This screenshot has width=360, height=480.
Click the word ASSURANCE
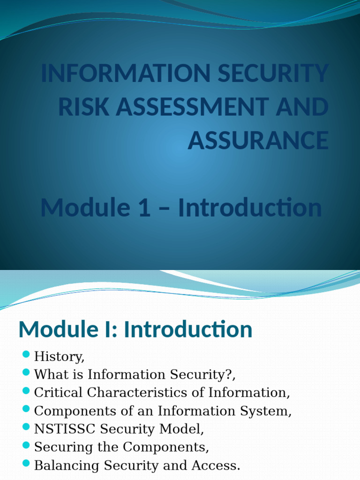(258, 140)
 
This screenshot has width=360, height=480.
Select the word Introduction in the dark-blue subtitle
(250, 208)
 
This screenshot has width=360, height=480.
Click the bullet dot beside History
(26, 354)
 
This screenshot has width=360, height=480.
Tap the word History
(59, 357)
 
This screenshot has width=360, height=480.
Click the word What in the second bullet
(50, 375)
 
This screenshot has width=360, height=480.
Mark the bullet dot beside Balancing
(26, 463)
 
